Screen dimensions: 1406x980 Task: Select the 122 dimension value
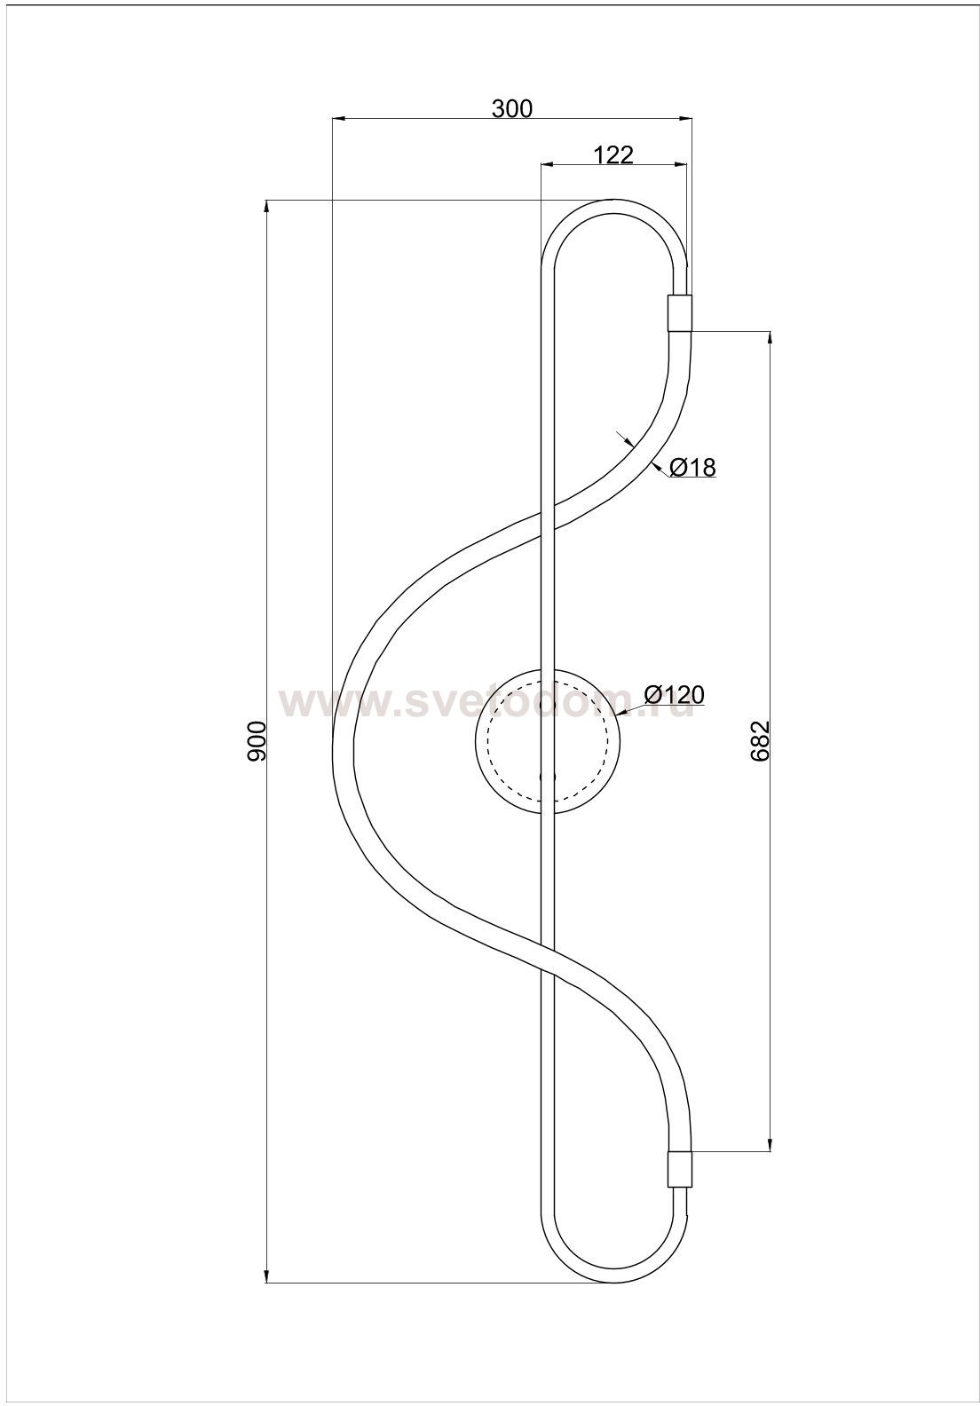(x=613, y=154)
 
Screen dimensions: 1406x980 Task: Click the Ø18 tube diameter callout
(x=692, y=467)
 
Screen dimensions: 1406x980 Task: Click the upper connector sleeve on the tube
(x=680, y=313)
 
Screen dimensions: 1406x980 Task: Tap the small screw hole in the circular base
(x=547, y=777)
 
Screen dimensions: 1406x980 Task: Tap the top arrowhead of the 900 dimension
(x=266, y=207)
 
